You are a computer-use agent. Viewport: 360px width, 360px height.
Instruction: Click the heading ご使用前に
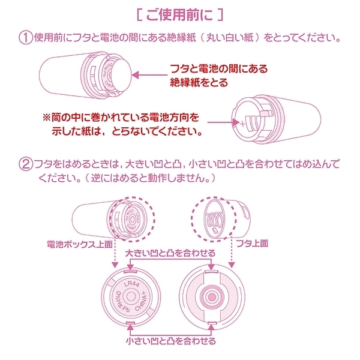pyautogui.click(x=179, y=13)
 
